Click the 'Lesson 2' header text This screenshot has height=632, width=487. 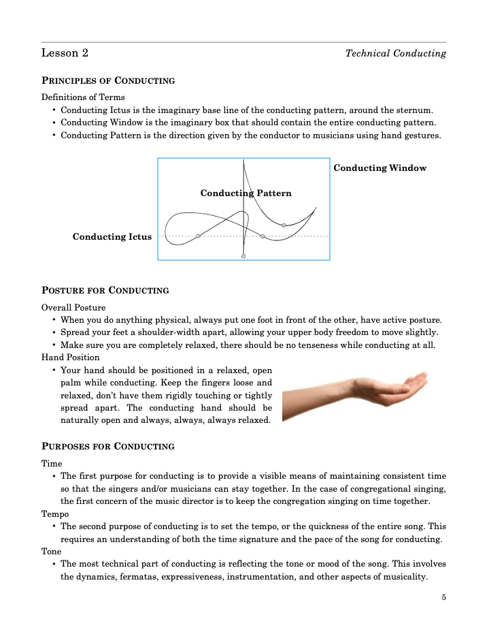[65, 53]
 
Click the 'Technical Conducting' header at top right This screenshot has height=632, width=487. [395, 53]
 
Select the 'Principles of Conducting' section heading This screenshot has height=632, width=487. [108, 81]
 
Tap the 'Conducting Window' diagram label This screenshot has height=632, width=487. [380, 168]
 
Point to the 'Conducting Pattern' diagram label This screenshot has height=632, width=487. [246, 193]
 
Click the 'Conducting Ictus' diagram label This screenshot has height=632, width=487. [112, 237]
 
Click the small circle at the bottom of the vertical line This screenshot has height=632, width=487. [244, 257]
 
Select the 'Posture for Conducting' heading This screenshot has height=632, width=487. [105, 291]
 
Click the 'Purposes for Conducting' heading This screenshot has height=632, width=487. [108, 447]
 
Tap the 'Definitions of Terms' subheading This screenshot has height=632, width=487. [83, 97]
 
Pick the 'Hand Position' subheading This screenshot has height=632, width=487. [70, 358]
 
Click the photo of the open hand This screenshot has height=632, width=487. [354, 393]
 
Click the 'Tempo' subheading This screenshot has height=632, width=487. [55, 513]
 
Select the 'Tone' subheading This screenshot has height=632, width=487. [52, 552]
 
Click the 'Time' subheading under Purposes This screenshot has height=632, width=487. [52, 464]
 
